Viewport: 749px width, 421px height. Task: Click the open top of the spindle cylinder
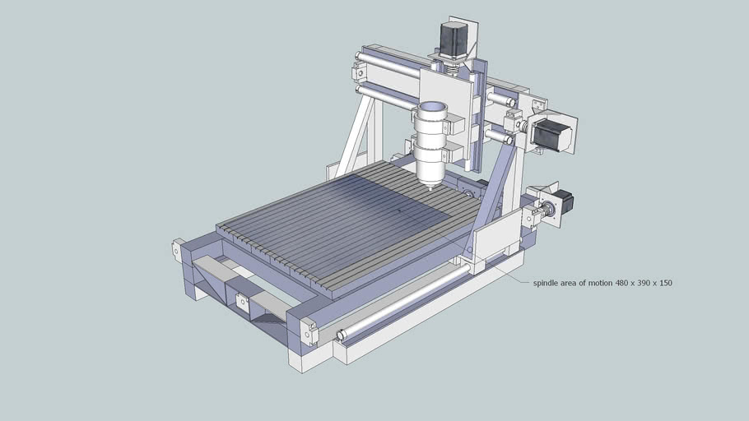[432, 109]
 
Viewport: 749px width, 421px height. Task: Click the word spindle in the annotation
[546, 283]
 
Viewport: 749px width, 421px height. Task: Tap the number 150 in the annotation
[665, 283]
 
